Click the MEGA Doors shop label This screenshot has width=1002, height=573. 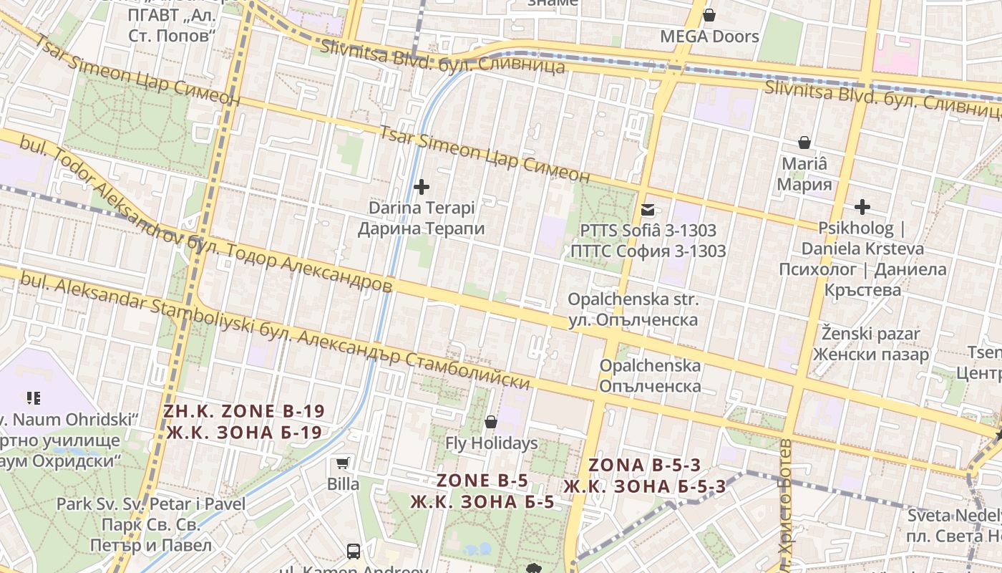click(709, 37)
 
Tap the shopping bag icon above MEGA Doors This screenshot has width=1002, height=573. click(709, 14)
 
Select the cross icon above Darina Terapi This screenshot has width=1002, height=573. click(422, 187)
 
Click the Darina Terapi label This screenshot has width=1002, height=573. click(422, 208)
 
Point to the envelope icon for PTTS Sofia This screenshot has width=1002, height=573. click(648, 210)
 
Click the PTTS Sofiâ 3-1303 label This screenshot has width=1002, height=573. click(648, 231)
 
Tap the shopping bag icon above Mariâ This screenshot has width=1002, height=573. click(804, 143)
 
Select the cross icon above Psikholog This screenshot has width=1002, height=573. click(862, 208)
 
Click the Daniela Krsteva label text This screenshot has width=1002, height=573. click(862, 249)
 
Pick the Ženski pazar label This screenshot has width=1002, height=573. click(871, 334)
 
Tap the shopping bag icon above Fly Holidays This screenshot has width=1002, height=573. click(491, 422)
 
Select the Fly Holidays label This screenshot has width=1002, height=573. click(492, 443)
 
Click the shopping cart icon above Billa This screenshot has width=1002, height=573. click(344, 463)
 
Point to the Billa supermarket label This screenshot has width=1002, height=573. click(344, 484)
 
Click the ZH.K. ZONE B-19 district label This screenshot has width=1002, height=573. click(244, 412)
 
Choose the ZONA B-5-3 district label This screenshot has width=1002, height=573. click(644, 465)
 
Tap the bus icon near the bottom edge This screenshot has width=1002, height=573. click(354, 551)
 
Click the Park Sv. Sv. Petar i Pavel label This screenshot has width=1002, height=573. click(151, 504)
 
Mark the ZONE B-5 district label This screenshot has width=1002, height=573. click(483, 481)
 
